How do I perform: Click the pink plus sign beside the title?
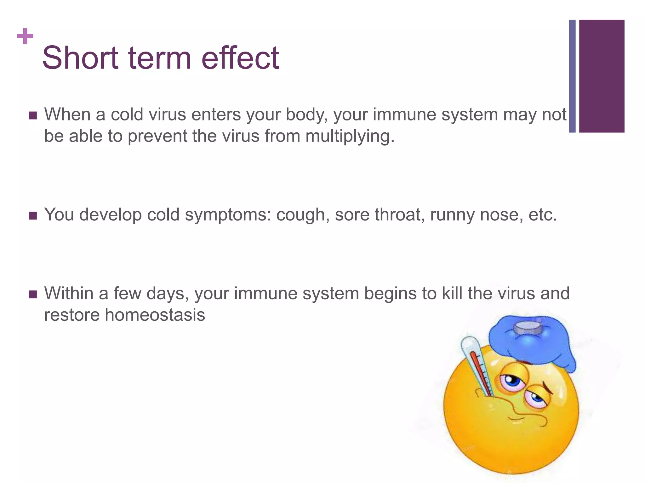pyautogui.click(x=25, y=36)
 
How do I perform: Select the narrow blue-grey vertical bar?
pyautogui.click(x=572, y=76)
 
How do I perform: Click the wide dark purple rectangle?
pyautogui.click(x=602, y=76)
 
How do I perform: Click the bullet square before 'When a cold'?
pyautogui.click(x=33, y=115)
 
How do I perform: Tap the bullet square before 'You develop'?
pyautogui.click(x=33, y=216)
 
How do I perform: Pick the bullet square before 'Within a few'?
pyautogui.click(x=33, y=294)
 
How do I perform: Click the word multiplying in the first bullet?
pyautogui.click(x=350, y=136)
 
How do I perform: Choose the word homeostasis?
pyautogui.click(x=155, y=315)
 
